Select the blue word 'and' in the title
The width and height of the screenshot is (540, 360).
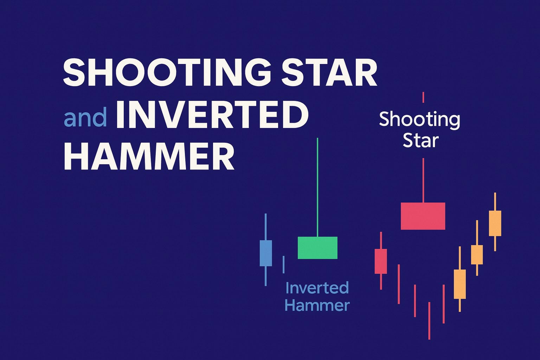pos(85,117)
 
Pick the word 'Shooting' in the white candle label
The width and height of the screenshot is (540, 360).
pos(419,120)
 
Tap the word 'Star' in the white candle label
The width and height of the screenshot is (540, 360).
pos(420,141)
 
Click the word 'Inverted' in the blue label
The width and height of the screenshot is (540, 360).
pos(317,288)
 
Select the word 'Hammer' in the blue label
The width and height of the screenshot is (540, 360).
pos(317,305)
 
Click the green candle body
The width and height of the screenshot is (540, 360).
pos(317,248)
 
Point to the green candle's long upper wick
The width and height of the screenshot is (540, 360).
pos(317,186)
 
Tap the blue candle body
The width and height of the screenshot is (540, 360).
pos(266,253)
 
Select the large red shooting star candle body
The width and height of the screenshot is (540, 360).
pos(423,216)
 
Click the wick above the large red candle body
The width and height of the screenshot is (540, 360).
pos(423,180)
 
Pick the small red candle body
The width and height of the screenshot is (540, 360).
pos(381,261)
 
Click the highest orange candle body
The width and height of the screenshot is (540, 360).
pos(495,223)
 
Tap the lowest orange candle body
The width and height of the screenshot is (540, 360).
pos(460,284)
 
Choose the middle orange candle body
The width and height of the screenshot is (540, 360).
pos(477,255)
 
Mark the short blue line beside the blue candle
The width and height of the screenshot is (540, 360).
pos(284,264)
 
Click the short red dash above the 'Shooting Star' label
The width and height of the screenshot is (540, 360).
pos(423,97)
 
